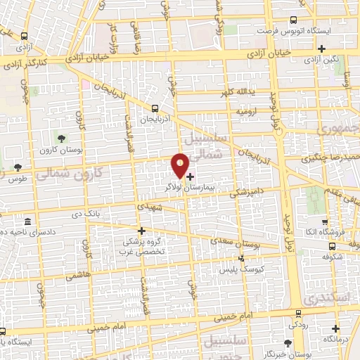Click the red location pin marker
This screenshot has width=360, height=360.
coord(181,166)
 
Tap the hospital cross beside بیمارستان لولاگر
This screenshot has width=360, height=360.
coord(191,176)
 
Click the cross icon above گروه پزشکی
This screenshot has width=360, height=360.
coord(141,231)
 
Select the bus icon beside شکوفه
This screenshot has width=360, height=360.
coord(332,246)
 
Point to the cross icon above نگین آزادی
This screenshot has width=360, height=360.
coord(321,49)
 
